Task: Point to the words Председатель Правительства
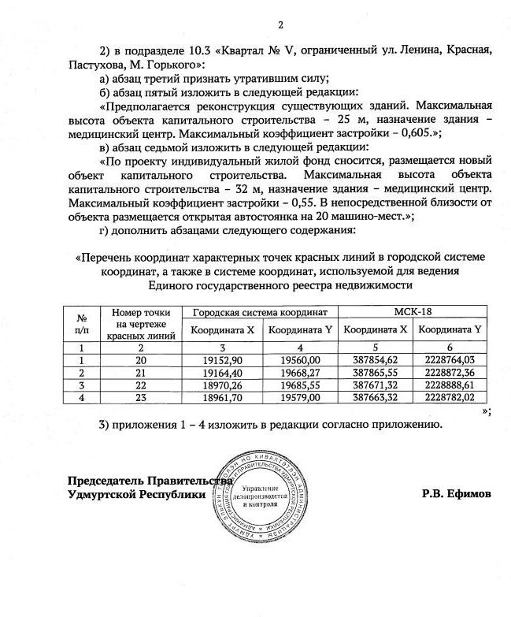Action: coord(150,480)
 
